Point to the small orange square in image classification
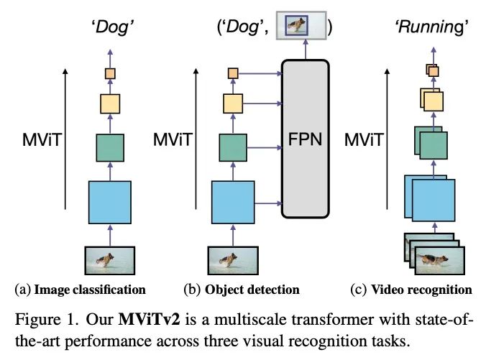[110, 73]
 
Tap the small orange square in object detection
[233, 73]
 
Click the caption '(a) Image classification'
[80, 290]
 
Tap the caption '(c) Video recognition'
[412, 290]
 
